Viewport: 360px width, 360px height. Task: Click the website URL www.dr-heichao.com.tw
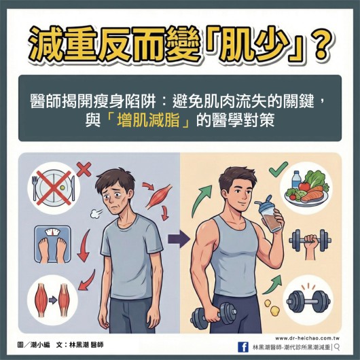click(x=308, y=337)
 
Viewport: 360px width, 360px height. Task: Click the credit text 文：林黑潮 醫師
click(x=81, y=346)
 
